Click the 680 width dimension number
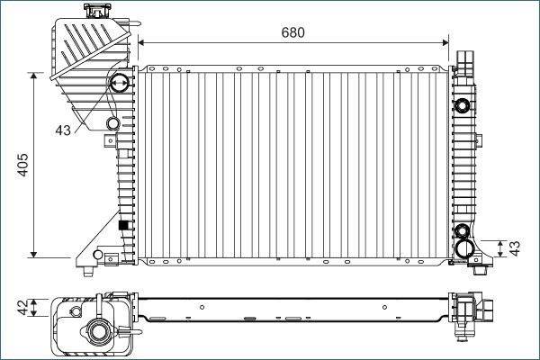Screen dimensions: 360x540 pos(292,31)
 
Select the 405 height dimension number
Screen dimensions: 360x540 pos(24,165)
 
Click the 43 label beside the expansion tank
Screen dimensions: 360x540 pos(63,130)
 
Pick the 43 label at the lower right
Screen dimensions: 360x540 pos(515,248)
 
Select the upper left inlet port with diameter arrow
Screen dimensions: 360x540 pos(117,85)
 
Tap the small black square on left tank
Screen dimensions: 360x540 pos(123,224)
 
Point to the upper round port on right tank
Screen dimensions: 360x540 pos(465,101)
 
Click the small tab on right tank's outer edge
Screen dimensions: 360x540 pos(480,139)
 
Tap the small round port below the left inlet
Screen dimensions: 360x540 pos(112,123)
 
